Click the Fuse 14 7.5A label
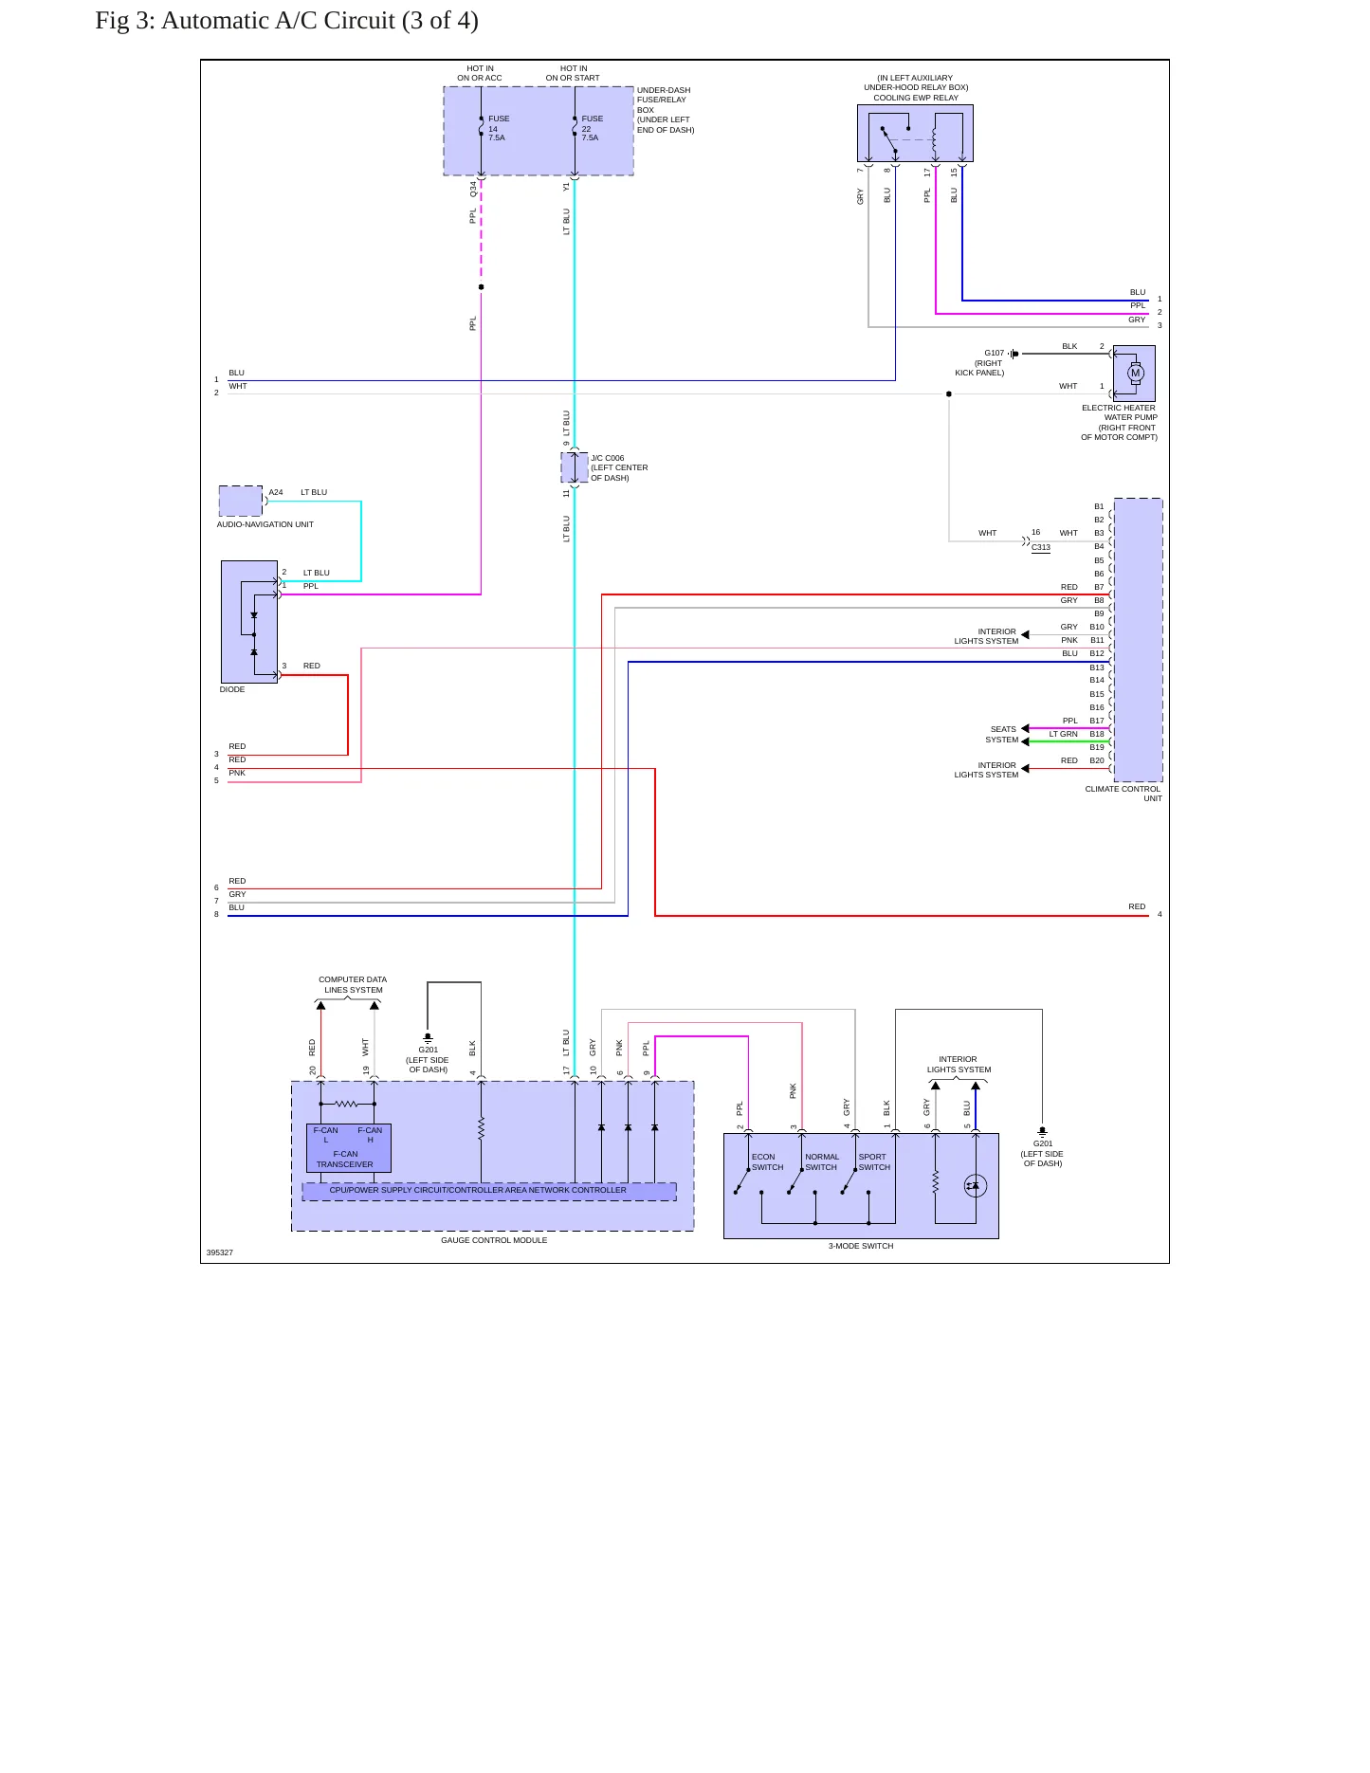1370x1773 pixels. pyautogui.click(x=499, y=128)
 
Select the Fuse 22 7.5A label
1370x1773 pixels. pyautogui.click(x=592, y=128)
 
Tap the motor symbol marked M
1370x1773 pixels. pyautogui.click(x=1135, y=373)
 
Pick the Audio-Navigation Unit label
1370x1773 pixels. pyautogui.click(x=265, y=524)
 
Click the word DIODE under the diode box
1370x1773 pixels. pyautogui.click(x=232, y=689)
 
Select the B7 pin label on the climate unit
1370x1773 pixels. pyautogui.click(x=1099, y=587)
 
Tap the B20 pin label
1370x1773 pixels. pyautogui.click(x=1097, y=760)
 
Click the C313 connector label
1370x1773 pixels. pyautogui.click(x=1041, y=547)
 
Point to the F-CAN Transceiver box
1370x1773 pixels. pyautogui.click(x=348, y=1148)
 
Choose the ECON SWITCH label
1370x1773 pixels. pyautogui.click(x=767, y=1161)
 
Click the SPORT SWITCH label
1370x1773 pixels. pyautogui.click(x=874, y=1161)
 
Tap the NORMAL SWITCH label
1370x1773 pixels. pyautogui.click(x=821, y=1161)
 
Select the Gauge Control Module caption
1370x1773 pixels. pyautogui.click(x=494, y=1240)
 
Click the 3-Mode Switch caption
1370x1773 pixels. pyautogui.click(x=861, y=1246)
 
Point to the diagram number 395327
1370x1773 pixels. pyautogui.click(x=219, y=1252)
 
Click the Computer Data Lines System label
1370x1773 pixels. pyautogui.click(x=353, y=984)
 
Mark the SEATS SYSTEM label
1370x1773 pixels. pyautogui.click(x=1002, y=735)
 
